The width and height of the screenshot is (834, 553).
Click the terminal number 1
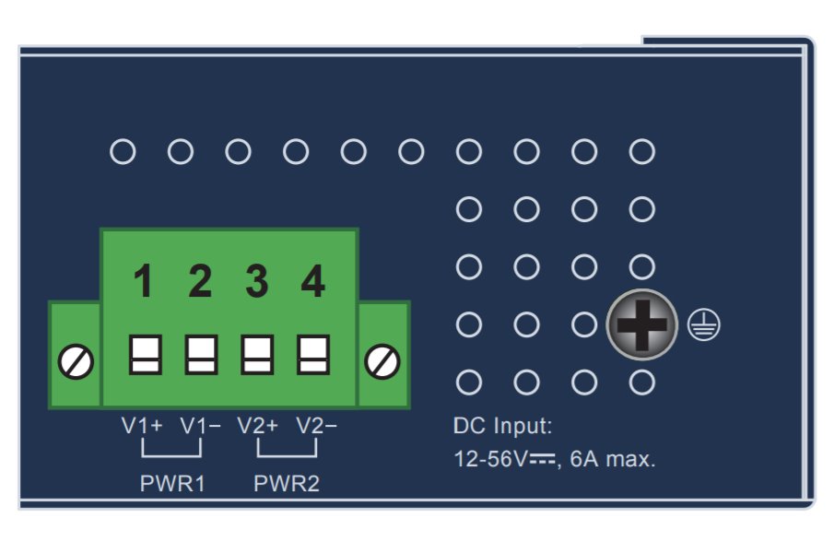(x=144, y=282)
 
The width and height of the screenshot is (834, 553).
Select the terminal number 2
(x=200, y=282)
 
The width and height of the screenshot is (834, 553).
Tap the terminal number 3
(x=256, y=282)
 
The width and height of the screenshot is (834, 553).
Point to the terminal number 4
(x=313, y=282)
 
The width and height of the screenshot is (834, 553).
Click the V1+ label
(x=142, y=427)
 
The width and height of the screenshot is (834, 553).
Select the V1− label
(x=201, y=427)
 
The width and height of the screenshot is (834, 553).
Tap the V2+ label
(x=257, y=427)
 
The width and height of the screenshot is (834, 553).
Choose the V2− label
(x=316, y=427)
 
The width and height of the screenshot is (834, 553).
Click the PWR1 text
(x=172, y=484)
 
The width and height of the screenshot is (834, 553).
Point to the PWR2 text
(x=287, y=484)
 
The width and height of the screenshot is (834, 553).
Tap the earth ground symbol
(x=704, y=325)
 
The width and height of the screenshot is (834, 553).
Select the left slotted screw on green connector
(x=75, y=362)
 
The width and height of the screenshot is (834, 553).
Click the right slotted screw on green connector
(x=382, y=360)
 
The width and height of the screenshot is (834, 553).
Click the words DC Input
(x=502, y=427)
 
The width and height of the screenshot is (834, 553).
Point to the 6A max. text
(x=613, y=459)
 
